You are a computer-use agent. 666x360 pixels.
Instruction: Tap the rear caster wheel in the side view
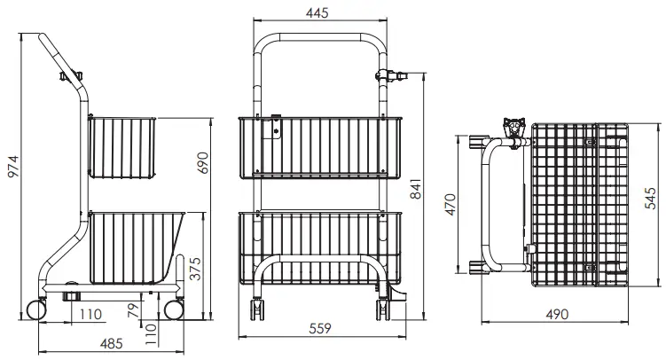coord(38,309)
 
